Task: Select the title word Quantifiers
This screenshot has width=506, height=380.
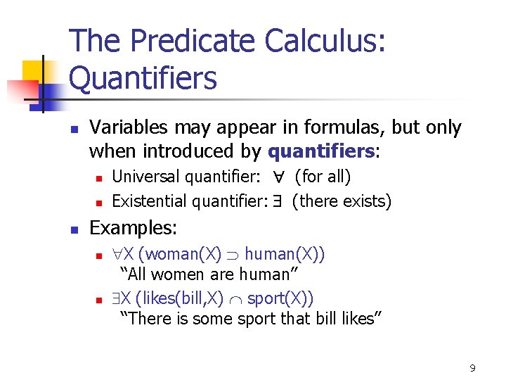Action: tap(143, 78)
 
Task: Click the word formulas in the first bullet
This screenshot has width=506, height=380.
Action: tap(345, 127)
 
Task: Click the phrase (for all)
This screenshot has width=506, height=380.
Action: tap(323, 176)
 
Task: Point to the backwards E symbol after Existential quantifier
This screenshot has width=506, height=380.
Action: tap(278, 201)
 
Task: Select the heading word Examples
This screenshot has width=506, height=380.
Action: tap(134, 228)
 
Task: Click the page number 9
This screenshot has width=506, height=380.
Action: tap(472, 368)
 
